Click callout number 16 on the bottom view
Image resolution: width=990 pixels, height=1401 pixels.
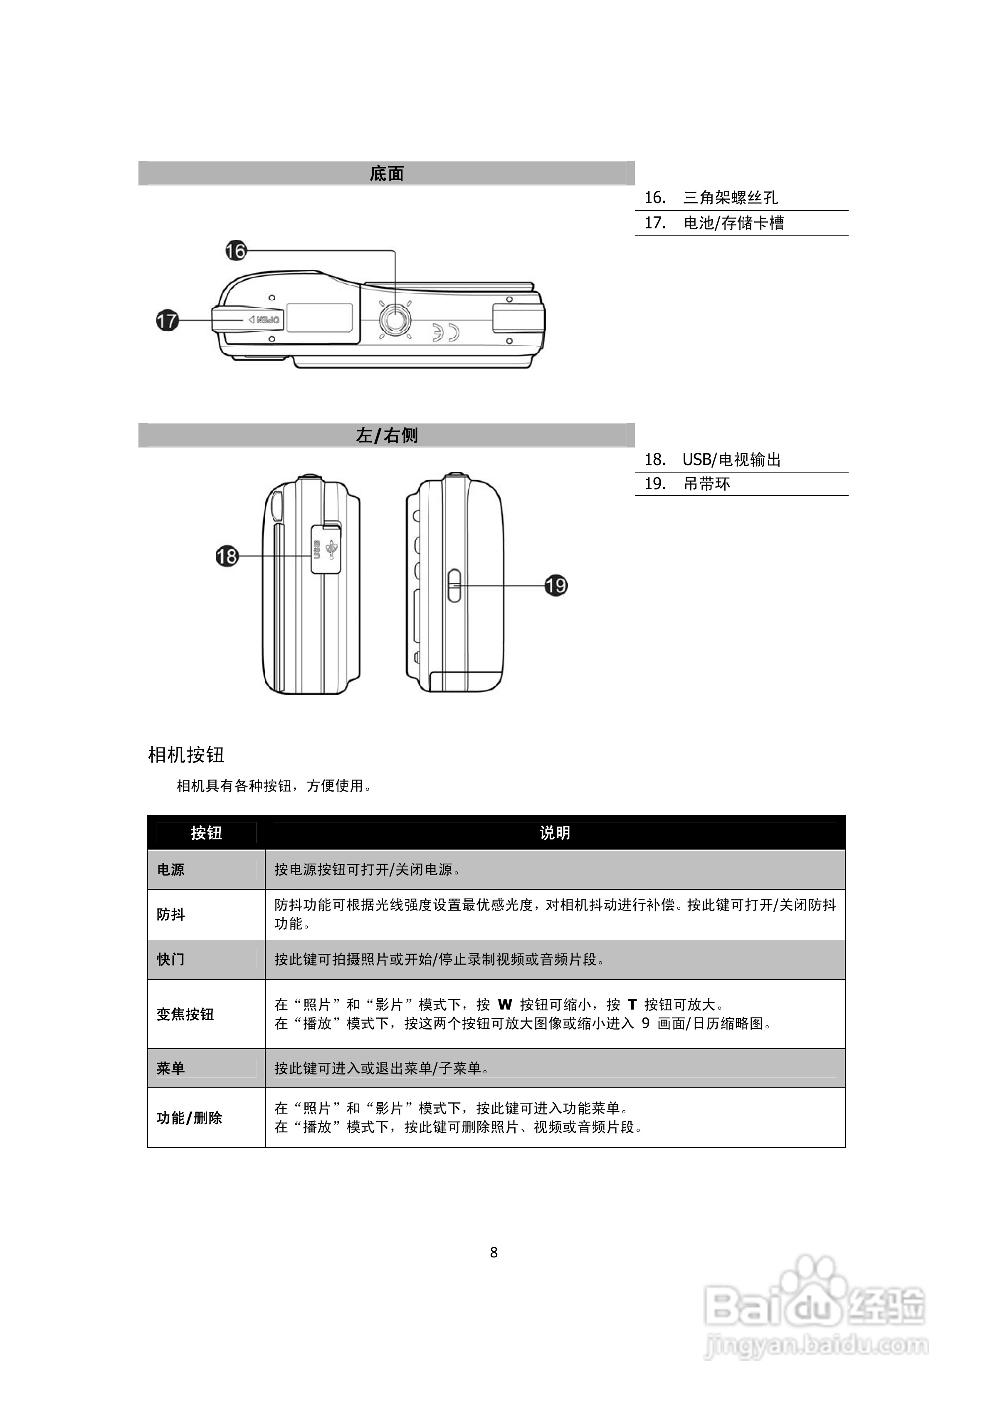(235, 251)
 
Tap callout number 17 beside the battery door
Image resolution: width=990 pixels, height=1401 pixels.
(167, 320)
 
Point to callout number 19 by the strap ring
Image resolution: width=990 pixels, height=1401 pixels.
(555, 586)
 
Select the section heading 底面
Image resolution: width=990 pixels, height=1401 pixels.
(387, 174)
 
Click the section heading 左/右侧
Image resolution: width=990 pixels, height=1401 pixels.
(387, 436)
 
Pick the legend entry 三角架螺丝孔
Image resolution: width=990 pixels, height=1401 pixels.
(730, 198)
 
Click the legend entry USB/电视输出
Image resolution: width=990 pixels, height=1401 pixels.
(731, 460)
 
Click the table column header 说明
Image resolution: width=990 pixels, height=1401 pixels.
(555, 833)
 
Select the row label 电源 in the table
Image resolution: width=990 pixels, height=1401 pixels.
(171, 869)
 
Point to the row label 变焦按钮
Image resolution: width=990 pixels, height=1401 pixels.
(185, 1014)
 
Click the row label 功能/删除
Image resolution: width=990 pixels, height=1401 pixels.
(189, 1118)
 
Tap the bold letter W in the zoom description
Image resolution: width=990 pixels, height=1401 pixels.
(505, 1005)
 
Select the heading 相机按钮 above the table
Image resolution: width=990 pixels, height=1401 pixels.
(186, 755)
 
